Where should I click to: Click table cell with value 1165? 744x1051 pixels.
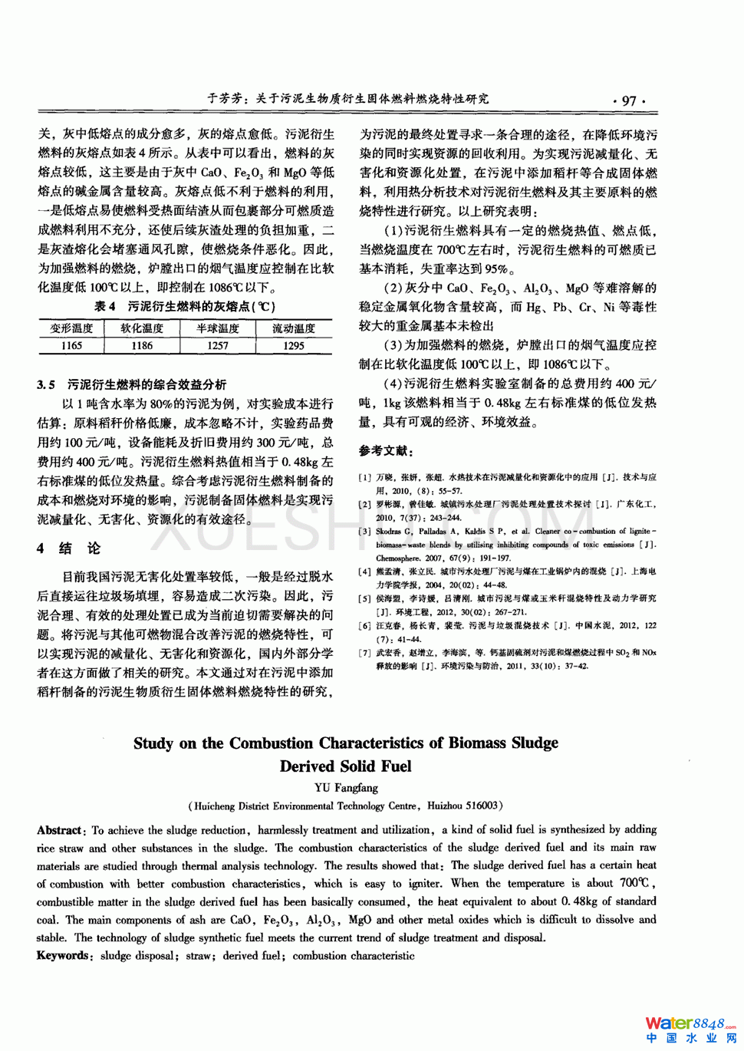pyautogui.click(x=71, y=346)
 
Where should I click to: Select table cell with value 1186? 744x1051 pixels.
pyautogui.click(x=142, y=346)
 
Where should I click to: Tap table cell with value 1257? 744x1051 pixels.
pyautogui.click(x=218, y=346)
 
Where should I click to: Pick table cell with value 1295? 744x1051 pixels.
pyautogui.click(x=294, y=346)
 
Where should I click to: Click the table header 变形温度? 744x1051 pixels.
pyautogui.click(x=71, y=328)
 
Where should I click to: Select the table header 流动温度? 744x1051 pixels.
pyautogui.click(x=294, y=328)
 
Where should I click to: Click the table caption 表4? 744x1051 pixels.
pyautogui.click(x=104, y=307)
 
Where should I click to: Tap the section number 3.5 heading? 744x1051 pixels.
pyautogui.click(x=46, y=384)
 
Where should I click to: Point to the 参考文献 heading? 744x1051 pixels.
pyautogui.click(x=387, y=451)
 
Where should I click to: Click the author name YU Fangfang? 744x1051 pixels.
pyautogui.click(x=346, y=788)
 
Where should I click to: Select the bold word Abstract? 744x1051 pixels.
pyautogui.click(x=59, y=830)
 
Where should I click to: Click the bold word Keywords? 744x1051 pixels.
pyautogui.click(x=63, y=956)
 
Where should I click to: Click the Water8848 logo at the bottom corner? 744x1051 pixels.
pyautogui.click(x=689, y=1029)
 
